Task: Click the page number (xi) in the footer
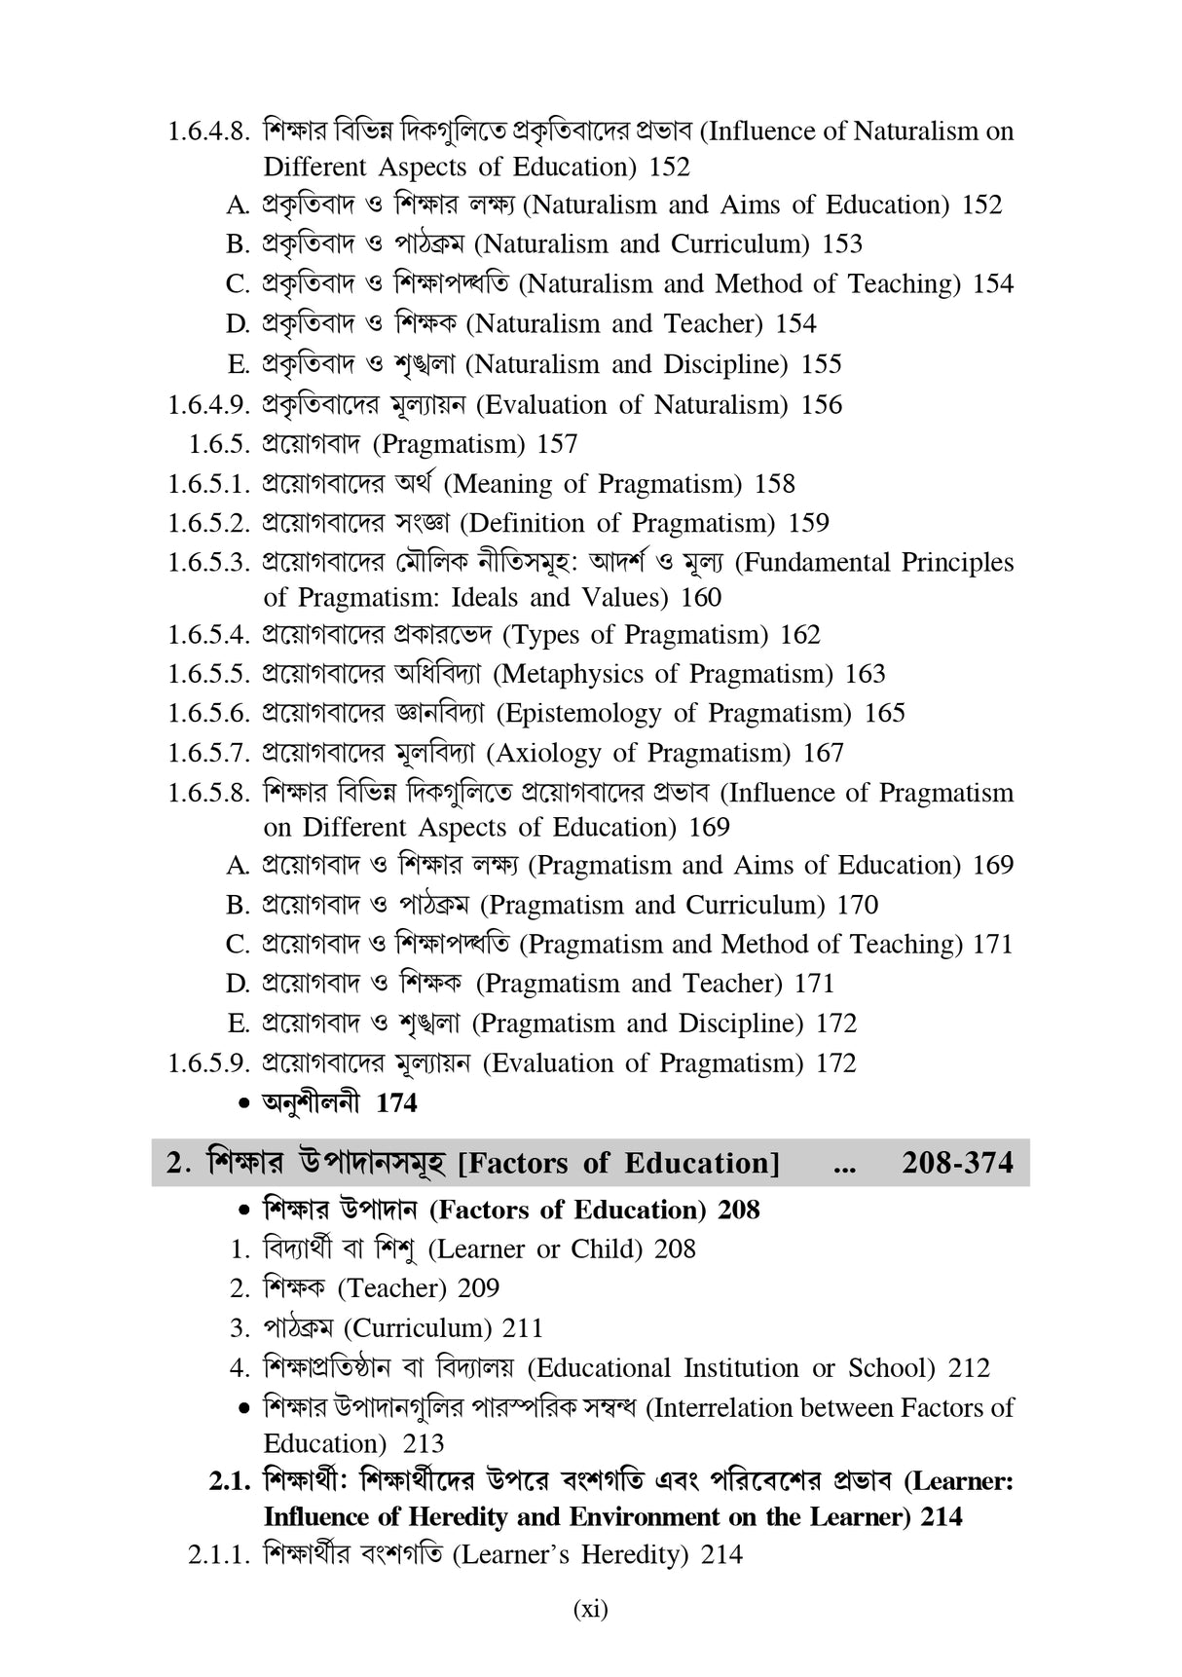(x=590, y=1609)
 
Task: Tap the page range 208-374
(x=957, y=1163)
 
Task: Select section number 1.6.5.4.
(x=209, y=635)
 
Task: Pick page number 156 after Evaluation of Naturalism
(x=822, y=404)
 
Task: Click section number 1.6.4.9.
(x=209, y=404)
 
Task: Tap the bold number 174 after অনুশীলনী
(x=396, y=1103)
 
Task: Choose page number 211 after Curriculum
(x=523, y=1328)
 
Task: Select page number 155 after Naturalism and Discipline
(x=822, y=364)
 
